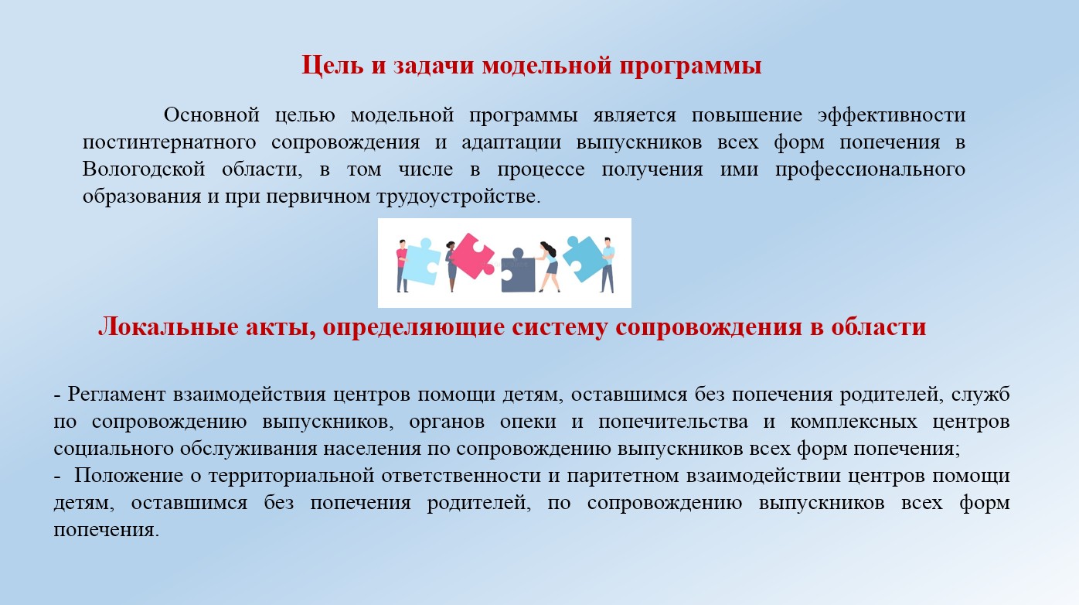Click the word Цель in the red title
coord(332,65)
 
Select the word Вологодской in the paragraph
coord(144,169)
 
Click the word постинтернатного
coord(169,142)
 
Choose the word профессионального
coord(870,170)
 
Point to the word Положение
coord(128,476)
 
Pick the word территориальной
coord(291,476)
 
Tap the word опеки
coord(528,422)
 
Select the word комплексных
coord(853,422)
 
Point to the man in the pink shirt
coord(402,265)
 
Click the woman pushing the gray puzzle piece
coord(549,266)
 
